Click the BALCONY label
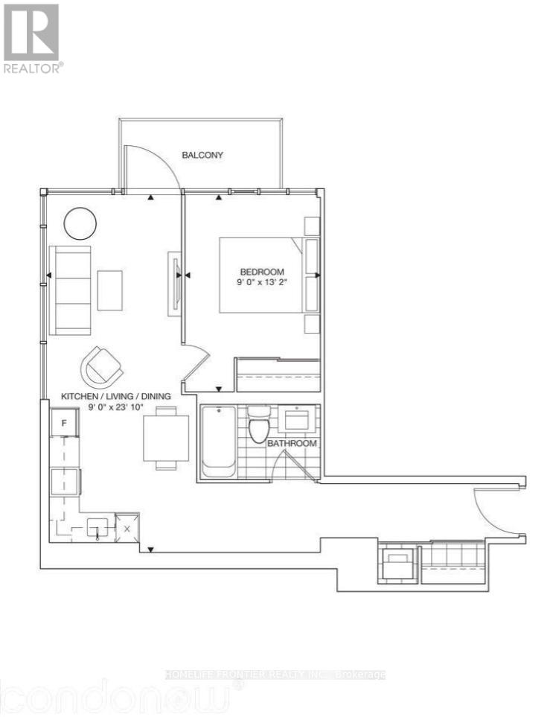pyautogui.click(x=202, y=156)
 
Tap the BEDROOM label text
pyautogui.click(x=260, y=272)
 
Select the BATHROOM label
pyautogui.click(x=292, y=443)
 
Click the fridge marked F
pyautogui.click(x=65, y=424)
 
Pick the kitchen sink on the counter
pyautogui.click(x=99, y=529)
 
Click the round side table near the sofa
pyautogui.click(x=79, y=222)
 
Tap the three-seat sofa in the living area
pyautogui.click(x=70, y=290)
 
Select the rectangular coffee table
pyautogui.click(x=110, y=290)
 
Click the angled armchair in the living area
pyautogui.click(x=103, y=366)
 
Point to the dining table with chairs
pyautogui.click(x=167, y=438)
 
